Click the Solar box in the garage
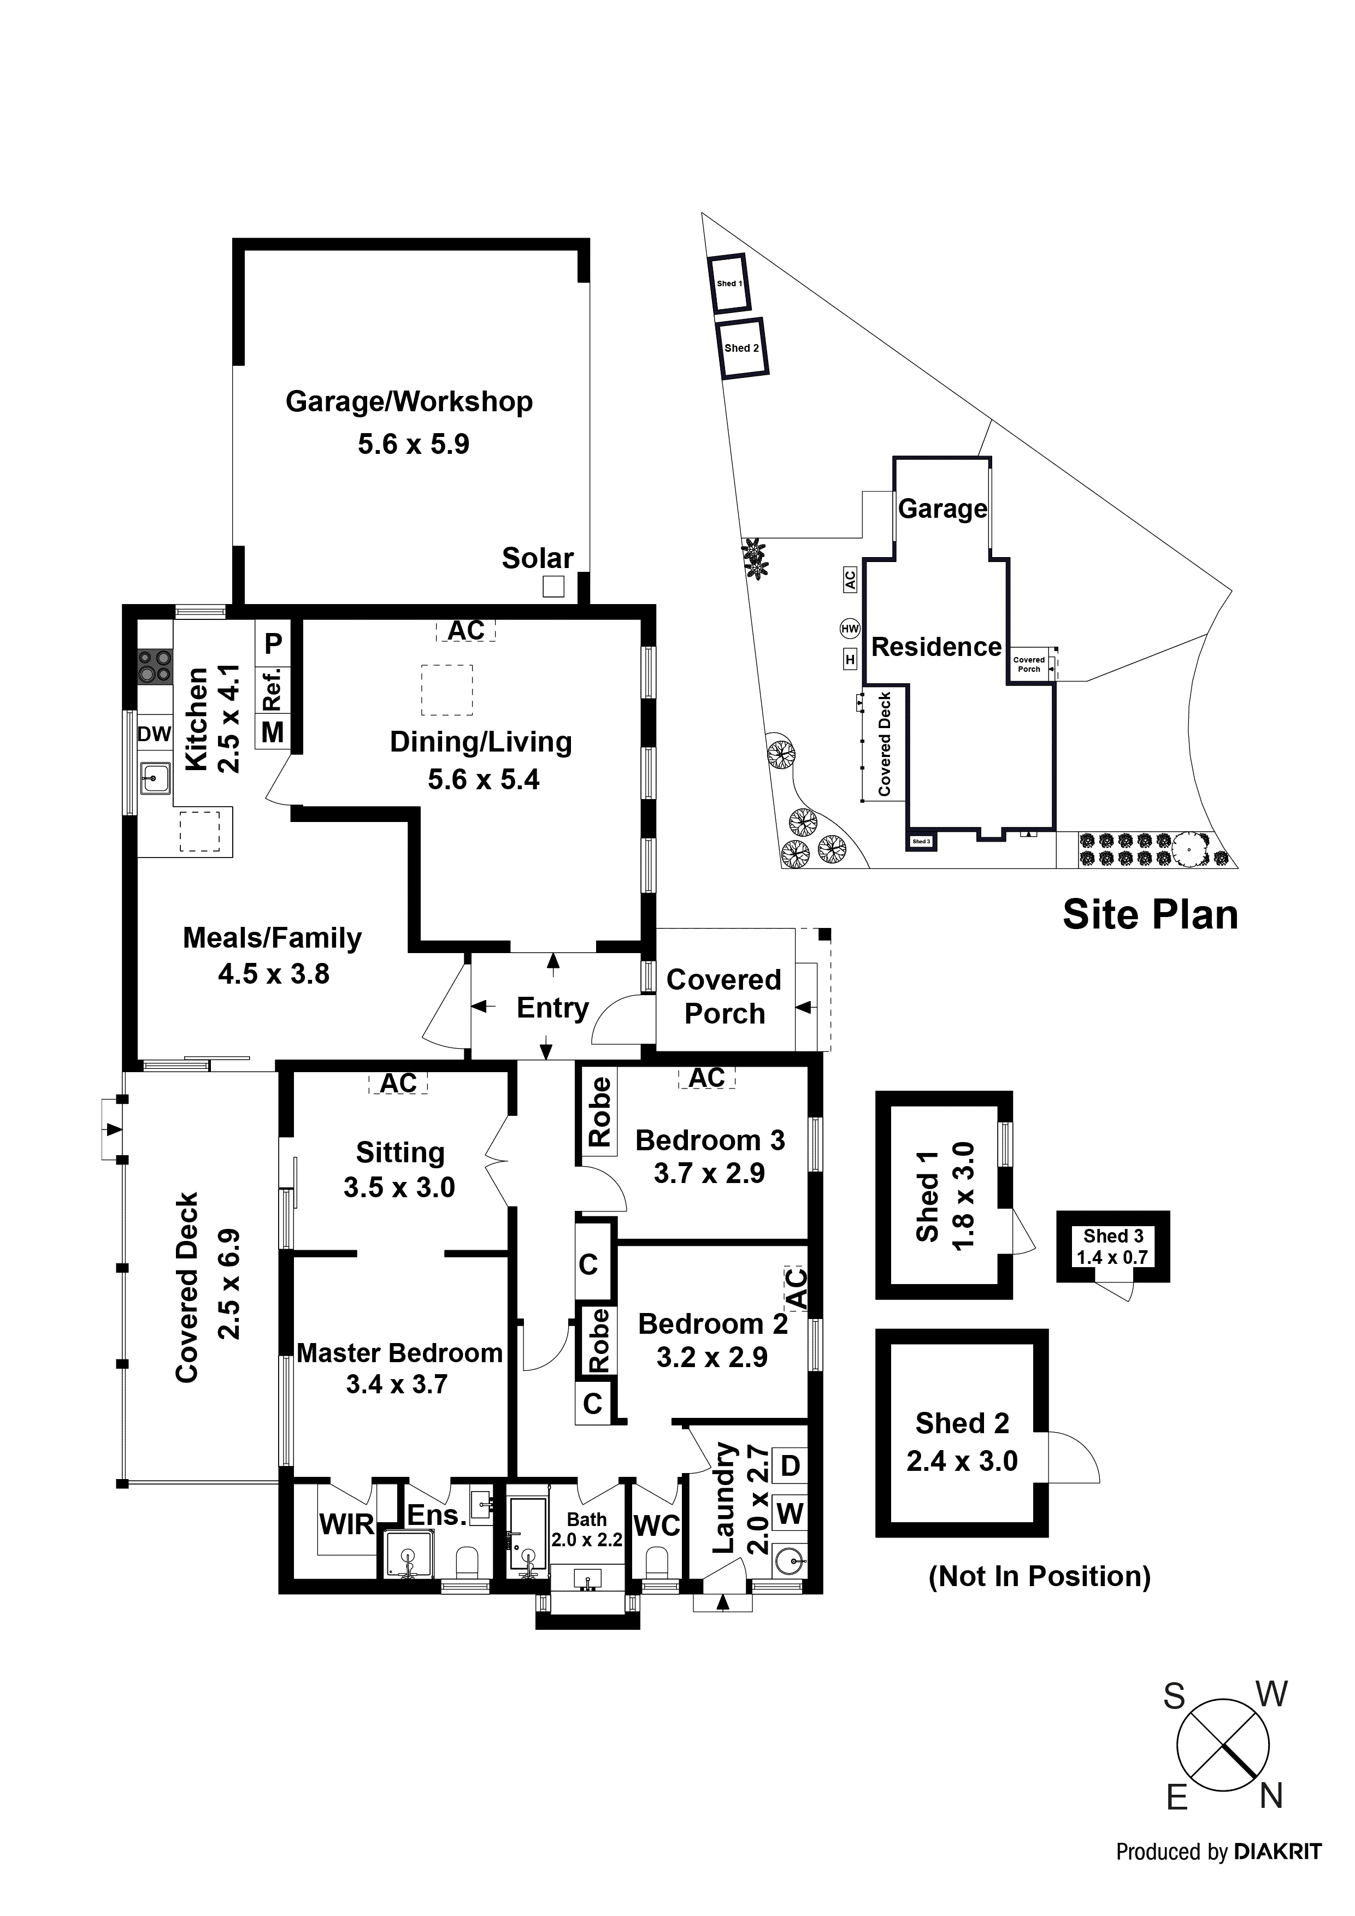(x=553, y=587)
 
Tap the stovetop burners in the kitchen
(x=155, y=666)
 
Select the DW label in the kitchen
(x=155, y=735)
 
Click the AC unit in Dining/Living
(x=466, y=630)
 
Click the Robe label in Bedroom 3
(x=599, y=1111)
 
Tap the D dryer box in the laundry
(x=790, y=1466)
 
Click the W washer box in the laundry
(x=790, y=1513)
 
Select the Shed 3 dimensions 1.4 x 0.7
(x=1112, y=1258)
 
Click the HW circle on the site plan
(x=850, y=628)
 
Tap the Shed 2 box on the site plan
(x=741, y=349)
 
